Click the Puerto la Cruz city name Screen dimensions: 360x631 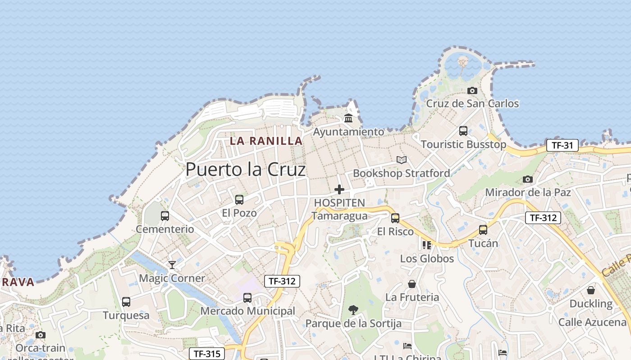point(246,170)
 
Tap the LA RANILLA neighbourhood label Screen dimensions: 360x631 point(266,141)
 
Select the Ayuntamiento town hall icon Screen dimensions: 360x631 point(348,118)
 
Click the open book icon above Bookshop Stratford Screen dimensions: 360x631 point(402,160)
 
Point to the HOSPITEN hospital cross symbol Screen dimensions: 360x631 point(339,189)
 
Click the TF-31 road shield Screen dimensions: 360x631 point(562,145)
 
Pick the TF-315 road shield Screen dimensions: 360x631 point(206,354)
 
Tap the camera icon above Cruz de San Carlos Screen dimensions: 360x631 point(472,90)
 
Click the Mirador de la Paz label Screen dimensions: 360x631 point(528,193)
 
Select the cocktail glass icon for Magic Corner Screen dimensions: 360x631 point(172,265)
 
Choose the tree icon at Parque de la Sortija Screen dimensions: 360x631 point(353,310)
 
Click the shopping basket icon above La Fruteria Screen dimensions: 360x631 point(412,284)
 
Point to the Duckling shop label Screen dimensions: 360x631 point(591,304)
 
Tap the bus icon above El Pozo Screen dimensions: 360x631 point(239,199)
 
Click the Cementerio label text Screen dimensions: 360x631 point(165,229)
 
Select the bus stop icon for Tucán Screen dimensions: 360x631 point(483,230)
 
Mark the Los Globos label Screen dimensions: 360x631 point(427,259)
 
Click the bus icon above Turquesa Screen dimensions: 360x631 point(126,301)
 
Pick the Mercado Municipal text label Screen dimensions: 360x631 point(247,311)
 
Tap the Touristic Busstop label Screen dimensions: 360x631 point(463,144)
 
